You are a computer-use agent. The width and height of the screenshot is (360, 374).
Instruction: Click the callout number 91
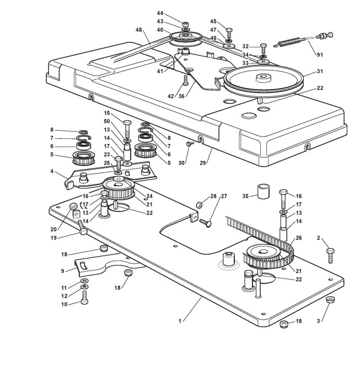(320, 55)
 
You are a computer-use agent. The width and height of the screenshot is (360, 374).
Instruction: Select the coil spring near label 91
(289, 42)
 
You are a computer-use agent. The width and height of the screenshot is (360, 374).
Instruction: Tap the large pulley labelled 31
(264, 80)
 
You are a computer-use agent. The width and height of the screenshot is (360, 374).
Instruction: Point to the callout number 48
(139, 30)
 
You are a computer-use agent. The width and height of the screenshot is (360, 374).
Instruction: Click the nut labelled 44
(185, 24)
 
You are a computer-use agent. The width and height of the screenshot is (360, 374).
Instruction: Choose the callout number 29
(203, 163)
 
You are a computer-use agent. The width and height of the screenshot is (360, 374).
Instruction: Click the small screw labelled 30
(190, 144)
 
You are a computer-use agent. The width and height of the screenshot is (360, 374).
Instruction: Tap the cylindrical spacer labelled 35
(263, 191)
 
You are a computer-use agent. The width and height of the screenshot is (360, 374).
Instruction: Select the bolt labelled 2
(330, 256)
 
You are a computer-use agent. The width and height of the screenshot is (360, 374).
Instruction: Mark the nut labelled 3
(330, 299)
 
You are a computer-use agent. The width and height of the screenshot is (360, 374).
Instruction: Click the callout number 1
(180, 321)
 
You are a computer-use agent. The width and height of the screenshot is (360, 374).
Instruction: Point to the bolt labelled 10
(84, 297)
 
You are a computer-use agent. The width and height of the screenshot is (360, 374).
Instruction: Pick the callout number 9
(62, 271)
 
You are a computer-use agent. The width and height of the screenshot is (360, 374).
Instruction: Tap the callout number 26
(299, 238)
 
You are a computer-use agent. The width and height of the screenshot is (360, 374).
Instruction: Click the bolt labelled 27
(205, 223)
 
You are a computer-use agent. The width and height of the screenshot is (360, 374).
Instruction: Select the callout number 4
(52, 171)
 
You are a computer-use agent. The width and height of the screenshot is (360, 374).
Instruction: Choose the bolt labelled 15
(127, 129)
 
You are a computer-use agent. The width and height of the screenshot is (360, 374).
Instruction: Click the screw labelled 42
(185, 80)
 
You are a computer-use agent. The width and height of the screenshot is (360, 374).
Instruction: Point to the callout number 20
(53, 230)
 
